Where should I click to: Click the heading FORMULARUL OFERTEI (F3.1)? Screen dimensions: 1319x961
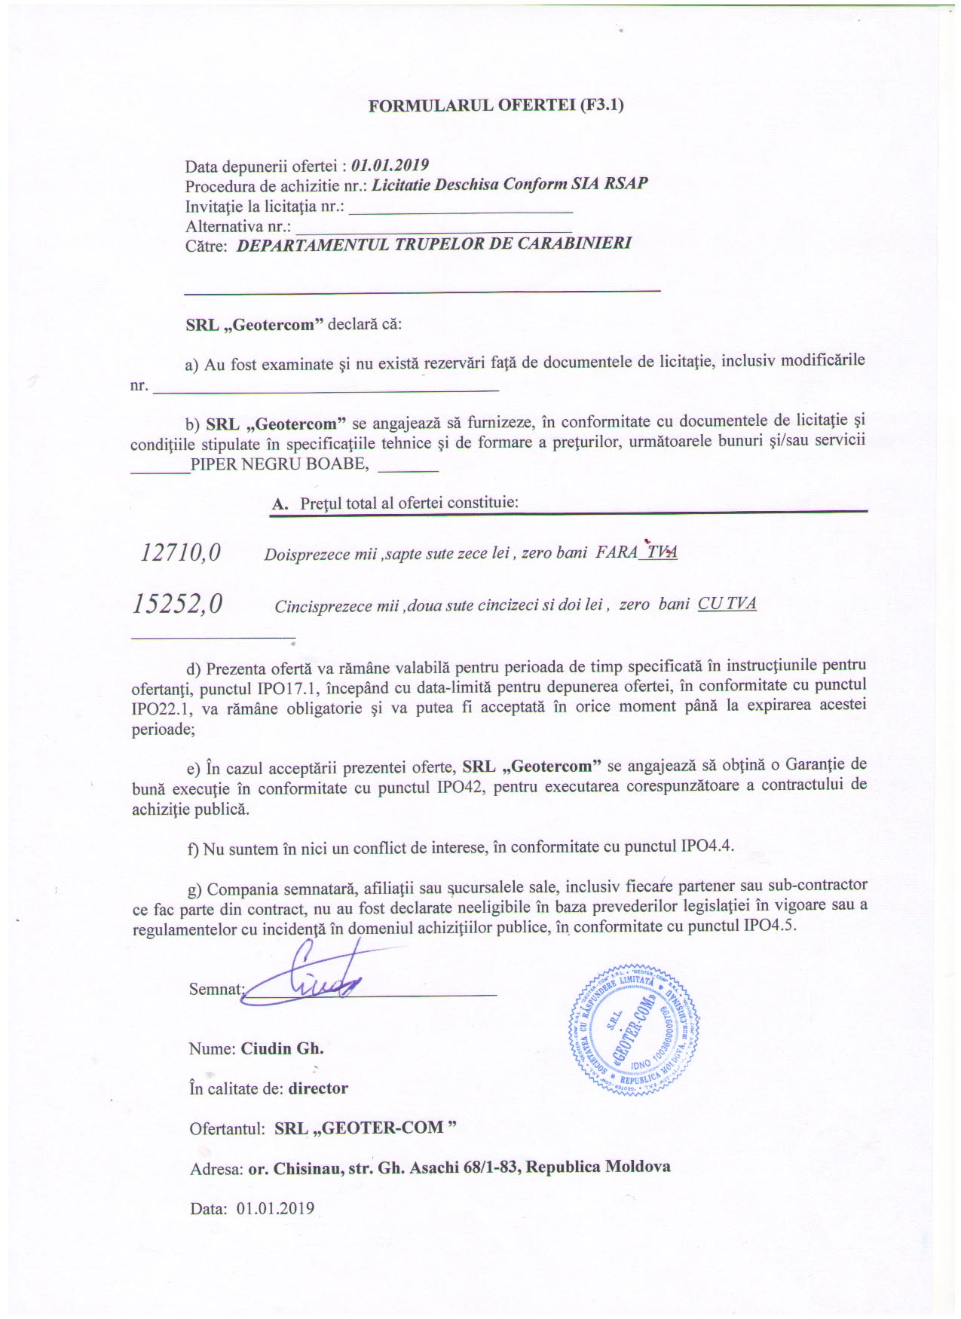[x=495, y=105]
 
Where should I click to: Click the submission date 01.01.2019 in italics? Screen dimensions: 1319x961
[x=390, y=165]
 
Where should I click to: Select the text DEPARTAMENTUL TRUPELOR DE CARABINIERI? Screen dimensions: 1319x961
[x=433, y=243]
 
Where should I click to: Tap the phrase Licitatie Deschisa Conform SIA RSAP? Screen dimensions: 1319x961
[x=510, y=184]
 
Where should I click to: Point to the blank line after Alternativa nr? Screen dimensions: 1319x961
[x=433, y=227]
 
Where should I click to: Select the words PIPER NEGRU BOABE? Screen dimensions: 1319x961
[x=280, y=464]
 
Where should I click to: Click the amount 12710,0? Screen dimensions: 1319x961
[x=181, y=553]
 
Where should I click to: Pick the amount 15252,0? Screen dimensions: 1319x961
[x=178, y=604]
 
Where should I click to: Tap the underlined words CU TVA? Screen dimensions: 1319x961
[x=727, y=604]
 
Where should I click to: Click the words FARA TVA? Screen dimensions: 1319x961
[x=636, y=552]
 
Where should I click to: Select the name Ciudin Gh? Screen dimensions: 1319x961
[x=282, y=1048]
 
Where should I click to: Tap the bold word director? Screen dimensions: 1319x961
[x=318, y=1088]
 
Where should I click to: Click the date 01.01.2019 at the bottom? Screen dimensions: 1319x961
[x=275, y=1208]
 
